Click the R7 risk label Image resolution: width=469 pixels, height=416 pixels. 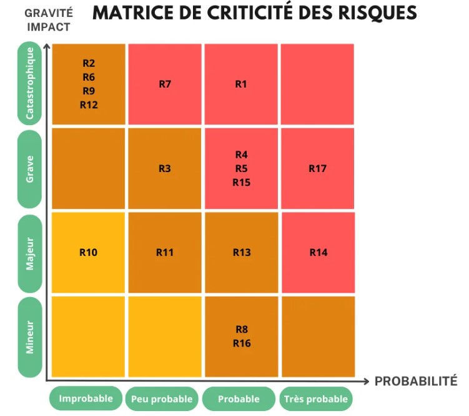(x=165, y=84)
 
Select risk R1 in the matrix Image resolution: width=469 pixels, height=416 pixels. (x=241, y=84)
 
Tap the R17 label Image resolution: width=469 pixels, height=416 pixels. (x=318, y=168)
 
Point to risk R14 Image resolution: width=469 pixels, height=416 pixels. (x=318, y=253)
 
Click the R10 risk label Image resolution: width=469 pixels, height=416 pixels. (x=89, y=253)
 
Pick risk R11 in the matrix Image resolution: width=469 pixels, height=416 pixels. (x=165, y=253)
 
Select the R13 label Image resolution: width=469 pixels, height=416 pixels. (x=241, y=253)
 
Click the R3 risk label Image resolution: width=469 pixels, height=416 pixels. (x=165, y=168)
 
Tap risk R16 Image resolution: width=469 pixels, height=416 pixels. (x=241, y=343)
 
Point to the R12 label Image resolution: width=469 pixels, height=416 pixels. (x=89, y=105)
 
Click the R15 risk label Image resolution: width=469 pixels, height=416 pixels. (x=241, y=183)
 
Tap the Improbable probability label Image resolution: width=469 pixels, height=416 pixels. (x=86, y=398)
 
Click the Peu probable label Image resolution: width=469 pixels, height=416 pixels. (x=162, y=399)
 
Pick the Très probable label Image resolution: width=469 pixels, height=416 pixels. (x=316, y=399)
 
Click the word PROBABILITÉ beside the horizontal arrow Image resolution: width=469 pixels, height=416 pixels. (x=416, y=381)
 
